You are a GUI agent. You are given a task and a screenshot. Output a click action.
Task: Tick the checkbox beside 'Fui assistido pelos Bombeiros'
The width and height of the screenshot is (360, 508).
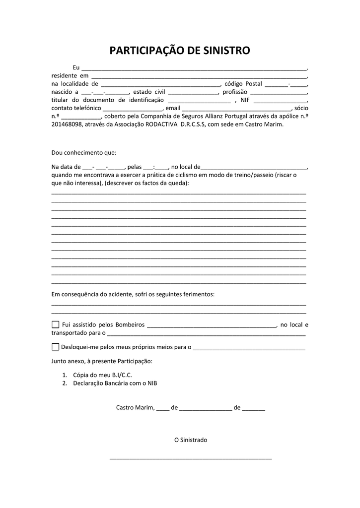[55, 324]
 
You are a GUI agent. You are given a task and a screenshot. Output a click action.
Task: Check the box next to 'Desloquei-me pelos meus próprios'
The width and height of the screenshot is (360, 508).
[55, 347]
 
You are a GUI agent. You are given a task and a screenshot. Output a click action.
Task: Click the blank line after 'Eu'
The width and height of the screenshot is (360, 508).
[194, 68]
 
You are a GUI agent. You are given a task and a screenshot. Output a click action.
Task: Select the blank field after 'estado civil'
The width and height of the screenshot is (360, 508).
[193, 92]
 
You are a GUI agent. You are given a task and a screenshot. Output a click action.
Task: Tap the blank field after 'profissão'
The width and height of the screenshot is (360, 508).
[279, 92]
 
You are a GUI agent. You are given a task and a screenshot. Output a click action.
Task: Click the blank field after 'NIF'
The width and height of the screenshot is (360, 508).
[280, 100]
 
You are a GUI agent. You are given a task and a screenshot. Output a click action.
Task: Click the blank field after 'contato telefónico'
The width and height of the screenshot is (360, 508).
[133, 108]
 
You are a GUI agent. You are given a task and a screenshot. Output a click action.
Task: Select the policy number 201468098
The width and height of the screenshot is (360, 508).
[67, 125]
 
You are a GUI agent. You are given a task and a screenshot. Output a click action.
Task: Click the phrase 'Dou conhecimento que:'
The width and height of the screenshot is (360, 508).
[83, 153]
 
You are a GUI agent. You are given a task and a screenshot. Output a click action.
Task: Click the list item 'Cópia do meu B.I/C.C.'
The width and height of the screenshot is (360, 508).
[102, 375]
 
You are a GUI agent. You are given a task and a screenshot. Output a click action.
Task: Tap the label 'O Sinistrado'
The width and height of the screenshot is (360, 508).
[190, 440]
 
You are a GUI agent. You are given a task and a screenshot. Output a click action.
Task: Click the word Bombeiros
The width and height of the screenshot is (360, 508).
[130, 325]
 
